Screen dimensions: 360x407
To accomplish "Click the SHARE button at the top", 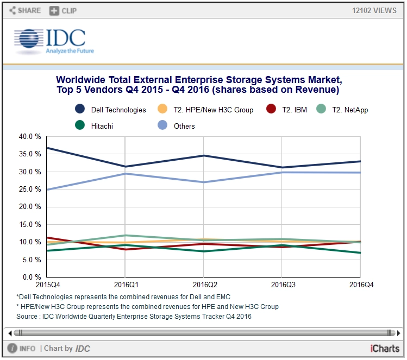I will point(26,10).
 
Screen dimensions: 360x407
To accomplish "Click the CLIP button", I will point(63,10).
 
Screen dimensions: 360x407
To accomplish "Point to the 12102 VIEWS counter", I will point(374,10).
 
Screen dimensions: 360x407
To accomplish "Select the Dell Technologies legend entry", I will point(80,110).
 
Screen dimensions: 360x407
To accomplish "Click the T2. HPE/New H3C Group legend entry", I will point(161,110).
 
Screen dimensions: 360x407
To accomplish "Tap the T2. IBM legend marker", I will point(271,110).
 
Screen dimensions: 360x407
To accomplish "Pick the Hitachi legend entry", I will point(80,126).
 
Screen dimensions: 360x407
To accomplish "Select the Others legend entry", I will point(161,126).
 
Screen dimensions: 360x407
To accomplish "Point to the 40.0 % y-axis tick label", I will point(30,137).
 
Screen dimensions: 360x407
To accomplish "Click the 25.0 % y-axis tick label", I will point(30,190).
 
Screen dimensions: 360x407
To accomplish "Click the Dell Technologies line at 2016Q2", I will point(203,155).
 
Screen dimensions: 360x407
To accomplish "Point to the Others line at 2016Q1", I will point(126,173).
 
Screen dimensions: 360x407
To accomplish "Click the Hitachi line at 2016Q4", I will point(359,252).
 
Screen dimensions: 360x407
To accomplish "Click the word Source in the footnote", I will point(27,316).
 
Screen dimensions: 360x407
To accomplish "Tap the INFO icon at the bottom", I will point(12,349).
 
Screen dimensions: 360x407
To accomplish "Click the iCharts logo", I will point(385,349).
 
